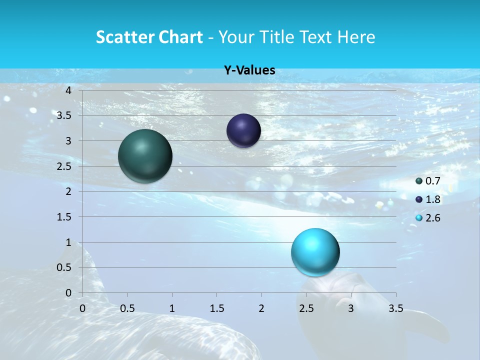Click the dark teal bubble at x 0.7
(145, 156)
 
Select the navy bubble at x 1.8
(243, 131)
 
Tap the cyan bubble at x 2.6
(315, 252)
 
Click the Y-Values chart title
(249, 70)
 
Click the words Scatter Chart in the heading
(149, 37)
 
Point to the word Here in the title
(355, 37)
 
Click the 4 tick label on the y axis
(68, 90)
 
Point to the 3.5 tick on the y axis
(63, 115)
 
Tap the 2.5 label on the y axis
(63, 166)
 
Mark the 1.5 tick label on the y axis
(63, 217)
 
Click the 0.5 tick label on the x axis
(127, 308)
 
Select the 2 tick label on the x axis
(261, 308)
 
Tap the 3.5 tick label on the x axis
(395, 308)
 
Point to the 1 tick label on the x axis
(172, 308)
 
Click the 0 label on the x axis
(82, 308)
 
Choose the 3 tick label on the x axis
(351, 308)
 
